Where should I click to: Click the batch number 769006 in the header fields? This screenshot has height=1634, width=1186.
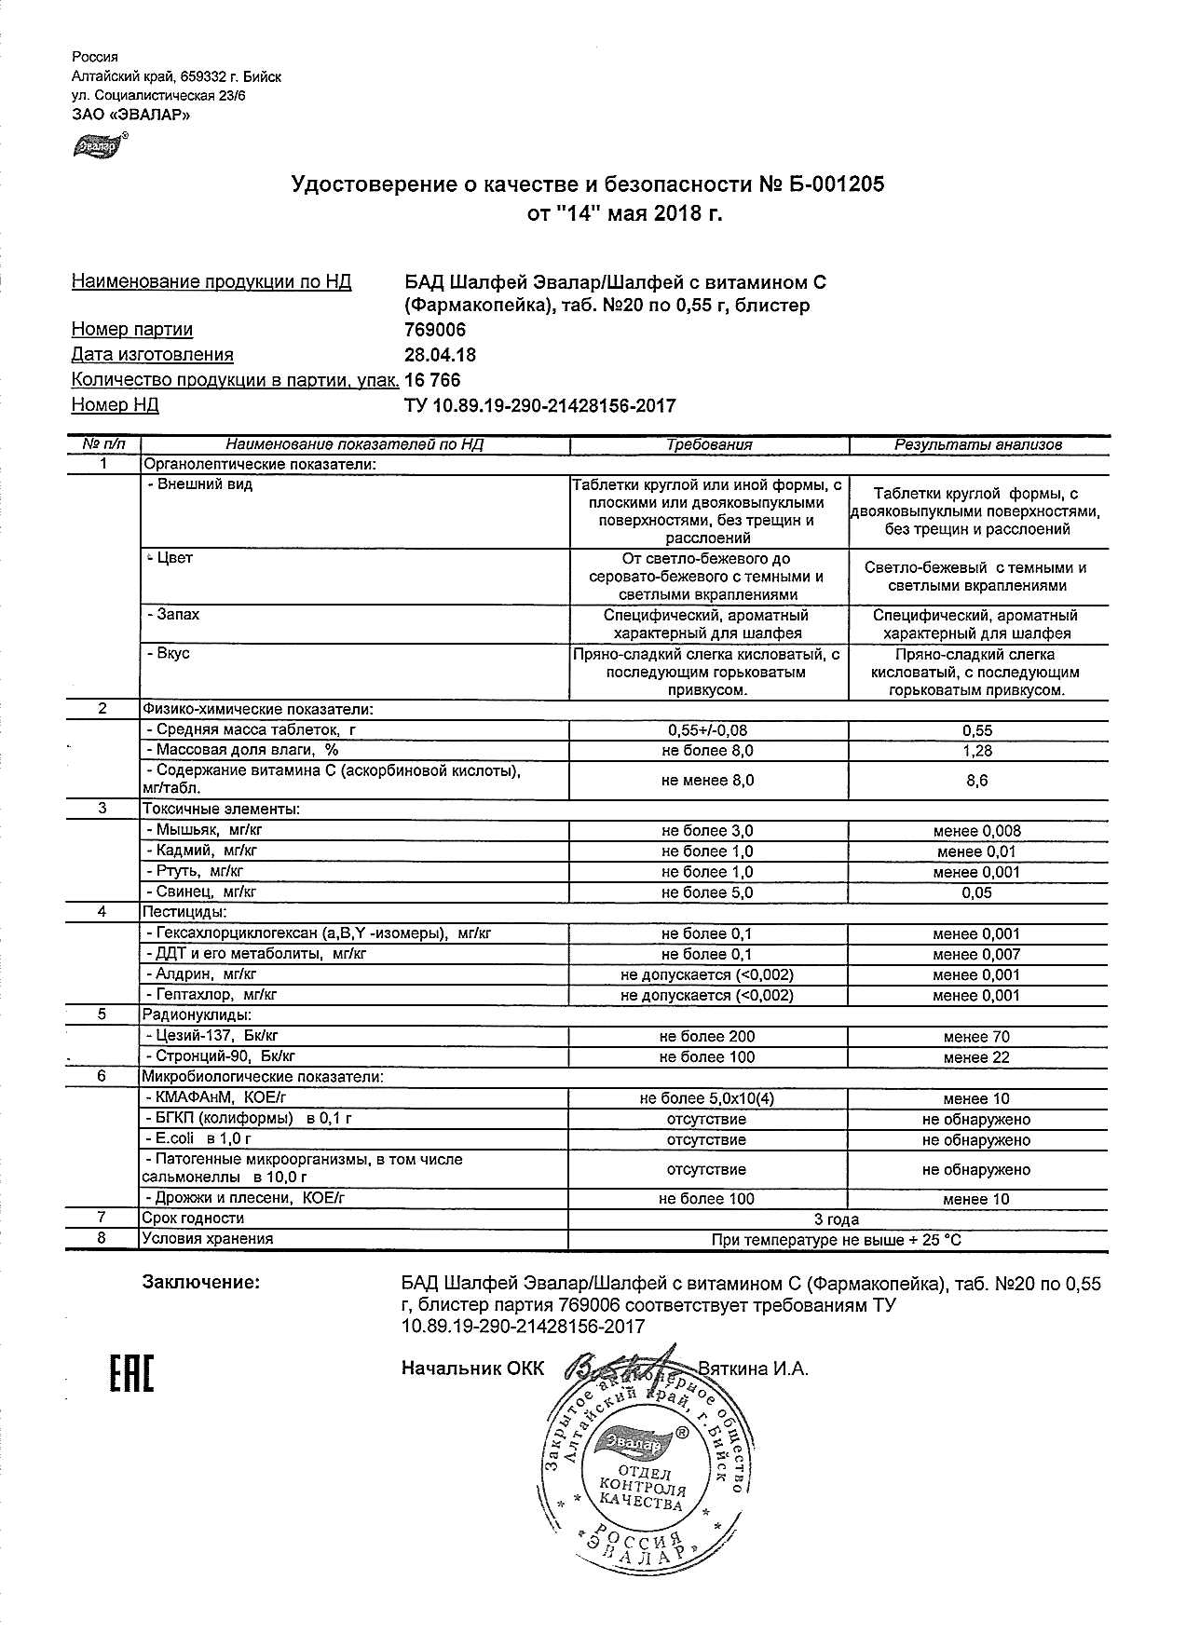click(x=434, y=330)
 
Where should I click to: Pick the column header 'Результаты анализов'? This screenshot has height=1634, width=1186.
click(x=977, y=445)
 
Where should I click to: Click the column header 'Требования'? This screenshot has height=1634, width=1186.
click(x=708, y=445)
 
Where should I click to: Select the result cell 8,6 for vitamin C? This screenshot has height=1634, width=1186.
click(x=976, y=782)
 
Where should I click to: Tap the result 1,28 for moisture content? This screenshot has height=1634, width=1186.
click(x=976, y=751)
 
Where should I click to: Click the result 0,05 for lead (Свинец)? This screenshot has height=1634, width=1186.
click(x=976, y=892)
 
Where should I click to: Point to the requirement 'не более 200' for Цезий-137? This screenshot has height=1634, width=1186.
click(x=707, y=1037)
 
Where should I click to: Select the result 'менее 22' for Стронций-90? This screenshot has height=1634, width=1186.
click(x=976, y=1057)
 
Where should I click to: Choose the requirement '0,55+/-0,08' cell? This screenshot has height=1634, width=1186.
click(x=707, y=730)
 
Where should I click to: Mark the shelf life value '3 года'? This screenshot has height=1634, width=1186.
click(x=836, y=1219)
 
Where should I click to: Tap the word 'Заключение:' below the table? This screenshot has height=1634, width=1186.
click(x=200, y=1283)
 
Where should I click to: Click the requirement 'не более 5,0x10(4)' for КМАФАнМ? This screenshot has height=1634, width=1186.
click(x=707, y=1098)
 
